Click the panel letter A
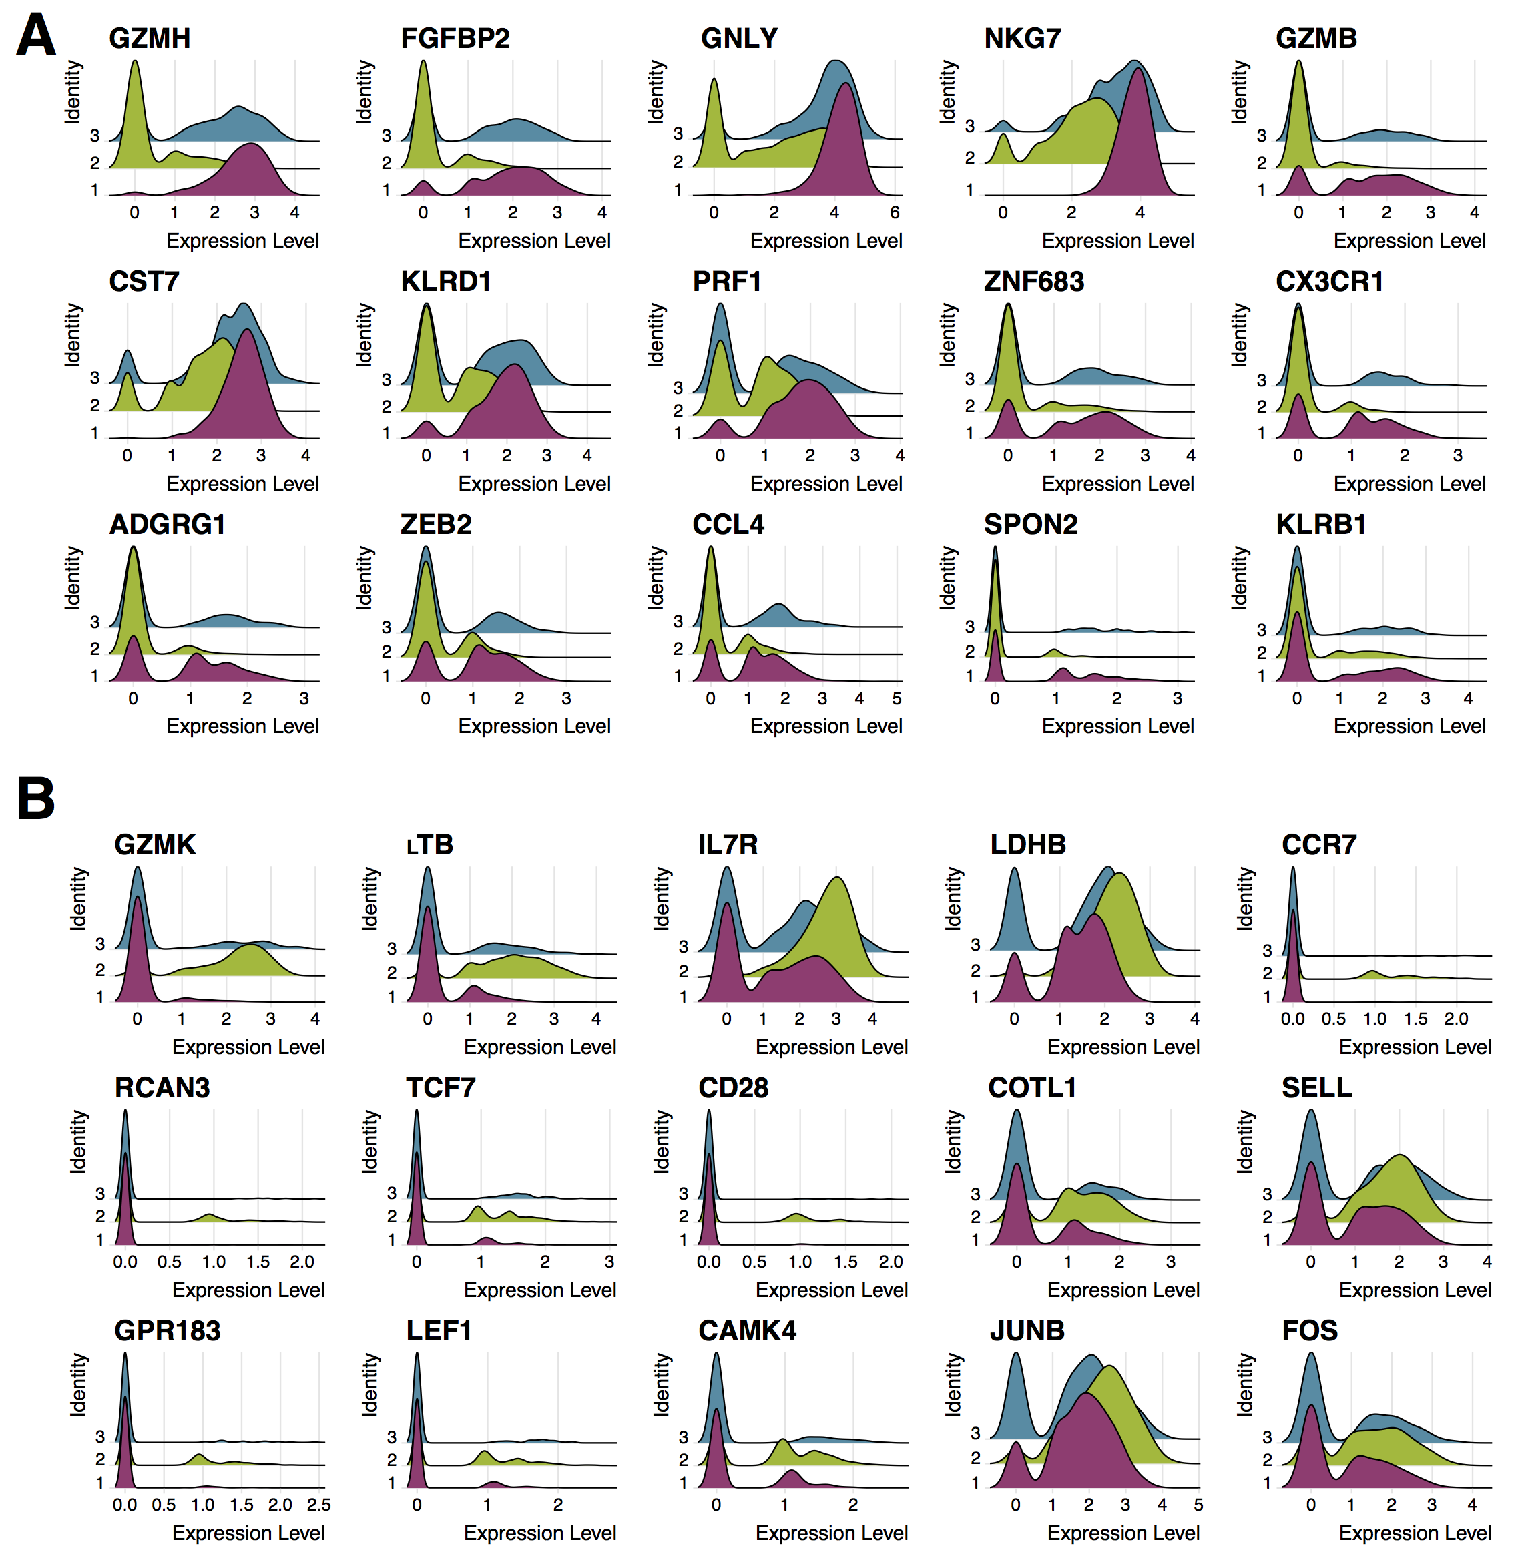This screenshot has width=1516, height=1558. pos(36,36)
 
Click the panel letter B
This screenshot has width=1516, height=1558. pos(36,798)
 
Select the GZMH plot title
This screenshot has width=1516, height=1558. pos(150,38)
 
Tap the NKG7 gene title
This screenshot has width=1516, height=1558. pos(1022,38)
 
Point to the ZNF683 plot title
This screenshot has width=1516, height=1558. pos(1033,281)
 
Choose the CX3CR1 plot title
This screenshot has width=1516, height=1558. pos(1329,281)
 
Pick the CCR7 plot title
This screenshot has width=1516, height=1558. pos(1318,844)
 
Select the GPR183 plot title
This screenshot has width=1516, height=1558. pos(167,1330)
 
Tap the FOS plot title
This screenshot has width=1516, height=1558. pos(1310,1330)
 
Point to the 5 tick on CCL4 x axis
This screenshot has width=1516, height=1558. pos(897,698)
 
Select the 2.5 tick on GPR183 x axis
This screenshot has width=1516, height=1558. pos(318,1505)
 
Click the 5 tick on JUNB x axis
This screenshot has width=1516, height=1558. pos(1198,1505)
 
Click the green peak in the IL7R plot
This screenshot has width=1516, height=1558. pos(837,880)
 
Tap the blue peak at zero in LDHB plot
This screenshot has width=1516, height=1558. pos(1015,871)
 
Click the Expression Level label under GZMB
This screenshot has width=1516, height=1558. pos(1409,240)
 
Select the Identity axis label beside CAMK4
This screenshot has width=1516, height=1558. pos(661,1384)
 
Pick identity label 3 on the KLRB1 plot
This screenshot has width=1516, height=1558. pos(1261,629)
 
